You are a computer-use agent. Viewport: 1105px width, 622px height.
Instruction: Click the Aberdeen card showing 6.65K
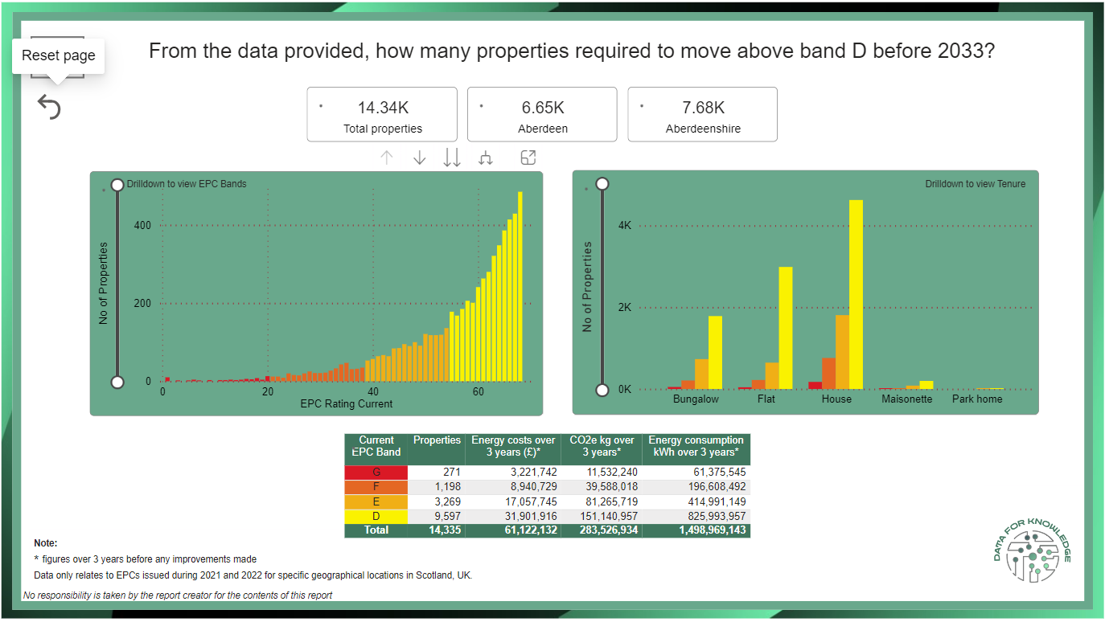542,115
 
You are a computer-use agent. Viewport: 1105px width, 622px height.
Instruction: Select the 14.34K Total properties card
382,115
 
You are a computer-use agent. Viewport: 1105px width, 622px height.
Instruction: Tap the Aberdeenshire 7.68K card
702,115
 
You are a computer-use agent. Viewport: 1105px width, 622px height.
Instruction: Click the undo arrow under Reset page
49,107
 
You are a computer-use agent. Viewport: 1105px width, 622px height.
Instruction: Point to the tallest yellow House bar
856,293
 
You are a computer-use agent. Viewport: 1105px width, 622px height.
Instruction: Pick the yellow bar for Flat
786,327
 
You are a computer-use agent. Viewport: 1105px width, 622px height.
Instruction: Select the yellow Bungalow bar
715,352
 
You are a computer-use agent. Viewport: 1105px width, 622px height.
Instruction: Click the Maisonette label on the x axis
906,399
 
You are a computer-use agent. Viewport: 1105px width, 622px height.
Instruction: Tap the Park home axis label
977,399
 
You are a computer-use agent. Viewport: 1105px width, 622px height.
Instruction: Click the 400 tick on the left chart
142,226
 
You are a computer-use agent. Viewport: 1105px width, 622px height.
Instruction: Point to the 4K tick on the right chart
624,226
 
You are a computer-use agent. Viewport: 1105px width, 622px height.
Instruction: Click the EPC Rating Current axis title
347,403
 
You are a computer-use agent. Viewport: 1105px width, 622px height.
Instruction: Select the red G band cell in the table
376,473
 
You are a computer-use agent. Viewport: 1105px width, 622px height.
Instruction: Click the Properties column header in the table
437,440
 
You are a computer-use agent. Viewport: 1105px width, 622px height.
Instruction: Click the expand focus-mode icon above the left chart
528,158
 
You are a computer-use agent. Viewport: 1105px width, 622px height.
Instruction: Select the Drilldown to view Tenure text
975,184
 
